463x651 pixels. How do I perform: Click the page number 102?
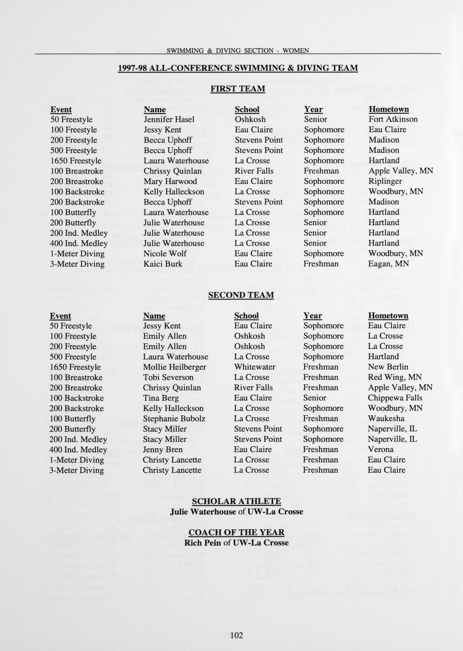point(236,635)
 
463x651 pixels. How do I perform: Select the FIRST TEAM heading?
point(237,89)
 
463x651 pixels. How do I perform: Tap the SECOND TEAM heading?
point(241,295)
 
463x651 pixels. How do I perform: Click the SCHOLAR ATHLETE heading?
point(236,501)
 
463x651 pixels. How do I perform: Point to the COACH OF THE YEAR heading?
point(236,533)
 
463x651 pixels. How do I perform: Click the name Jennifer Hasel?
point(169,119)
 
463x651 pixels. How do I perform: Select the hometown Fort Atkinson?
point(393,119)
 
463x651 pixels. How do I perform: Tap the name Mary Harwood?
point(170,181)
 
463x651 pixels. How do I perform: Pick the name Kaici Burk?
point(163,264)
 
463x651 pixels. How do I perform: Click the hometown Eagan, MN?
point(388,264)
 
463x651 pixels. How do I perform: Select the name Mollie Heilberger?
point(175,367)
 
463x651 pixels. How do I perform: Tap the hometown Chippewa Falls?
point(395,398)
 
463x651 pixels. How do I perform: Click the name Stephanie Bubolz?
point(174,418)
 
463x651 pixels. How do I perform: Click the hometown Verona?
point(381,450)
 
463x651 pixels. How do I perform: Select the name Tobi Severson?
point(168,377)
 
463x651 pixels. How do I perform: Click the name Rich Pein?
point(202,542)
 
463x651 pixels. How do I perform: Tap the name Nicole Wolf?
point(165,253)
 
